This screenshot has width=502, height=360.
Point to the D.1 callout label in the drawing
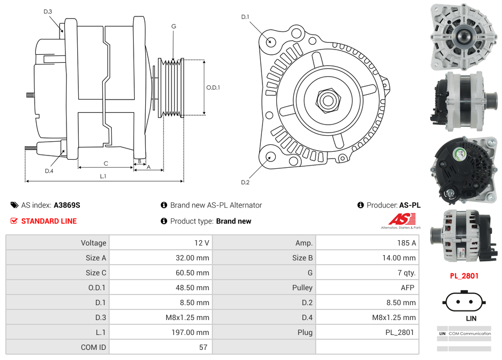pos(245,17)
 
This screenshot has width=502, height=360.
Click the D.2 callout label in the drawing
pos(245,183)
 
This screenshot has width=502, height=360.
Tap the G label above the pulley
pos(174,26)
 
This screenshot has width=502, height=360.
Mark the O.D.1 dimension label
pos(213,87)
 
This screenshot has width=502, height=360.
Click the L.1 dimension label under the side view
pos(103,176)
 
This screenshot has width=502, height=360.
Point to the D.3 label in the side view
pos(48,11)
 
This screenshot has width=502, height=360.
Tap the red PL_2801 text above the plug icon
pos(464,276)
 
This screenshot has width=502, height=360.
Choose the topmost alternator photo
pos(464,36)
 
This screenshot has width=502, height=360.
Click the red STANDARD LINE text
pos(48,221)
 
